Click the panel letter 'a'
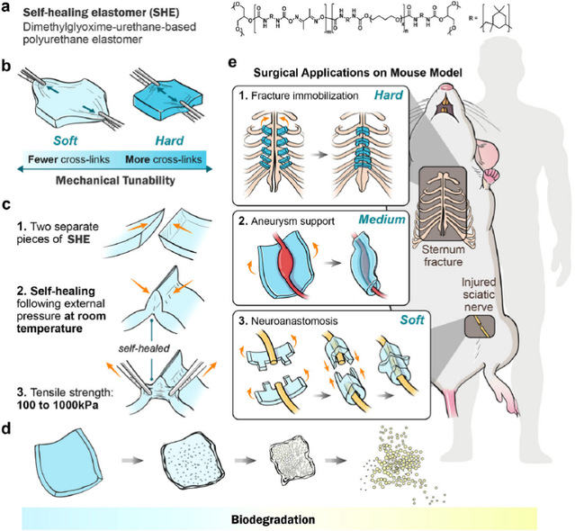[x=6, y=12]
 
